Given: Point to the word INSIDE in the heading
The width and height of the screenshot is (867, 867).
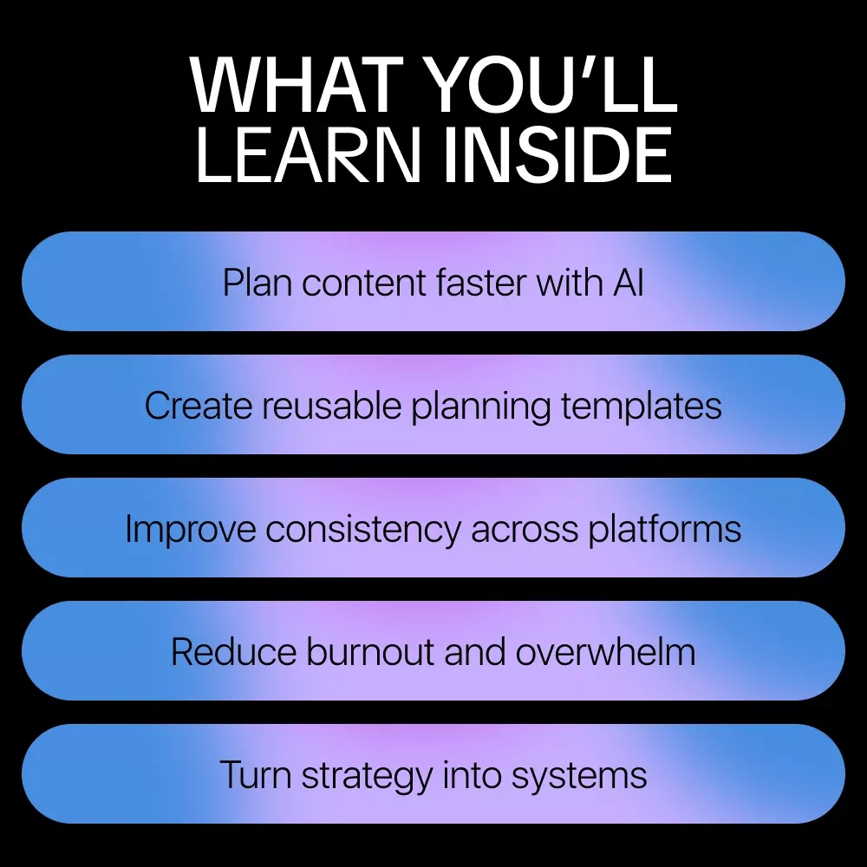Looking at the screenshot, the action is click(557, 154).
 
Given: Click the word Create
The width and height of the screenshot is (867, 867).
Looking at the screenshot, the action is click(199, 406).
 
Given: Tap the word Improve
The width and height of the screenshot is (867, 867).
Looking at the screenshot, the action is click(191, 530).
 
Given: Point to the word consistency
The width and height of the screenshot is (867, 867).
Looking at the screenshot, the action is click(362, 530).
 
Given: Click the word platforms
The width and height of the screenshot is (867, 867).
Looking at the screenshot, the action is click(664, 530).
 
